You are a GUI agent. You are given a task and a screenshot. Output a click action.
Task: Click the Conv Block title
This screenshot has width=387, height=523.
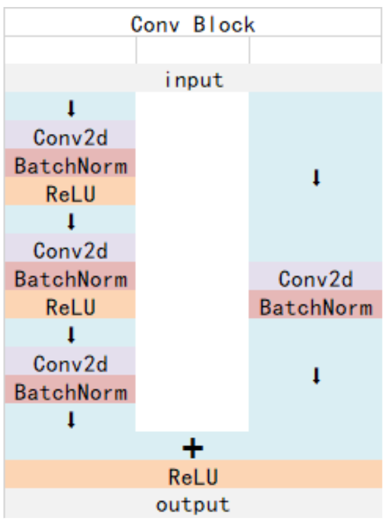pos(193,24)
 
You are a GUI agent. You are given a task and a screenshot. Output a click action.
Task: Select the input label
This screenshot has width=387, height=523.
pos(193,80)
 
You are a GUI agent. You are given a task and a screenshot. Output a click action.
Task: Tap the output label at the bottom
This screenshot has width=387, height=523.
pos(193,504)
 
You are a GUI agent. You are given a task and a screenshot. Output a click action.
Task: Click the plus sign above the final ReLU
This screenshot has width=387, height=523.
pos(193,448)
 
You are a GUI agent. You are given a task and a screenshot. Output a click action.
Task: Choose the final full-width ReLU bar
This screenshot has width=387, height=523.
pos(193,477)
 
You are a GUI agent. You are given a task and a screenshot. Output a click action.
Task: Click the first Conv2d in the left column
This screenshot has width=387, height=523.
pos(70,137)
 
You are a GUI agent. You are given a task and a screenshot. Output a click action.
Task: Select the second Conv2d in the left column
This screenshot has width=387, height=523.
pos(70,250)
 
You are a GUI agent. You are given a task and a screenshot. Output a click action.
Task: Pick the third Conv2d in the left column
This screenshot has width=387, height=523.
pos(70,363)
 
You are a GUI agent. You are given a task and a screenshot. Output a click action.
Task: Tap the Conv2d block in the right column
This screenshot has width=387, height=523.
pos(315,279)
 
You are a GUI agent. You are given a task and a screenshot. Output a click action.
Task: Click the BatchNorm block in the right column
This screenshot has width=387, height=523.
pos(315,307)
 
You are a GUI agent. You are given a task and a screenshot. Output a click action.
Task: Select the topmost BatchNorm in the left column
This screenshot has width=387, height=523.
pos(70,166)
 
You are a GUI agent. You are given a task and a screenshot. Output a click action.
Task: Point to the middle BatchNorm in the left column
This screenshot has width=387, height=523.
pos(70,279)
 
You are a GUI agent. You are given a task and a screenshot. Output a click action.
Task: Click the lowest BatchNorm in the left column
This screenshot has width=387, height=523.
pos(70,392)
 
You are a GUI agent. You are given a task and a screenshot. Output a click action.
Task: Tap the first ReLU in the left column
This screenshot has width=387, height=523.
pos(70,194)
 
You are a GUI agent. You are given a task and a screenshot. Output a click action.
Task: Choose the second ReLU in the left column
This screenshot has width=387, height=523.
pos(70,307)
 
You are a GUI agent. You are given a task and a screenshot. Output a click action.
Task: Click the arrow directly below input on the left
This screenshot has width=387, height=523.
pos(71,108)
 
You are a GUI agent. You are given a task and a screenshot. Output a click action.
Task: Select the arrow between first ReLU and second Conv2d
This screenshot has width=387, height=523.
pos(71,222)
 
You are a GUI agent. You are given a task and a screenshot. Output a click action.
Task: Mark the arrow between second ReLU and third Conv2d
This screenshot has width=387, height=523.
pos(71,335)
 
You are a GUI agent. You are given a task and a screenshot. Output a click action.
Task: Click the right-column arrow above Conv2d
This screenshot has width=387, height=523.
pos(315,178)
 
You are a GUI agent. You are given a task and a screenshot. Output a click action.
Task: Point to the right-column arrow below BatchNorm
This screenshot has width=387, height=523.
pos(315,376)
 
